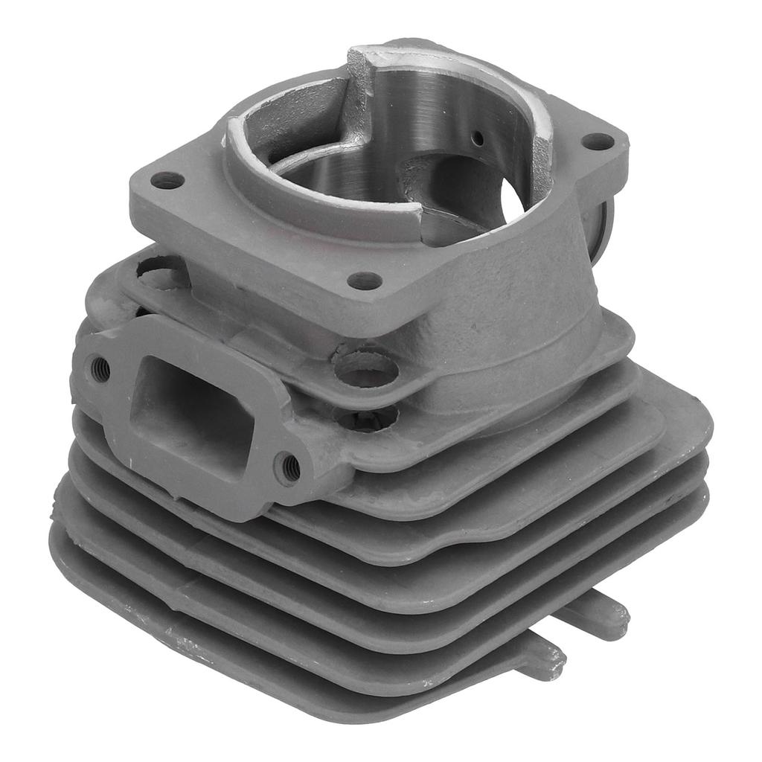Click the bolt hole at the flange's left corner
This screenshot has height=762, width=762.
click(167, 180)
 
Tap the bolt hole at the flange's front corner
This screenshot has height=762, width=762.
click(365, 281)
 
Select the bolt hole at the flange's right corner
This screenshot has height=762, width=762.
click(598, 141)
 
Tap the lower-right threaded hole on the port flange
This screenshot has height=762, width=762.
click(289, 467)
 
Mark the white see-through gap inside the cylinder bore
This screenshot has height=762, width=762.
click(515, 195)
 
